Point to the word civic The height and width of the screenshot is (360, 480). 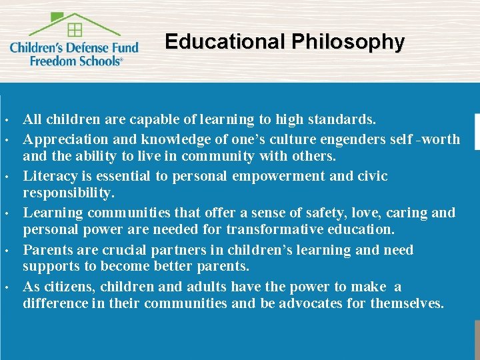click(371, 176)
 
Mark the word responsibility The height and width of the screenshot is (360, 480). click(69, 193)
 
